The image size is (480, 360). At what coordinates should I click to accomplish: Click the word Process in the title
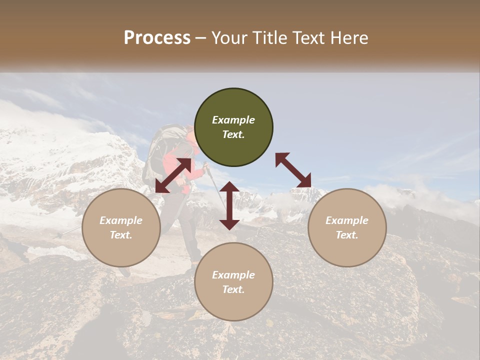[157, 38]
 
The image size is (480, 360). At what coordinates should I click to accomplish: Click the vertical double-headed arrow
[229, 205]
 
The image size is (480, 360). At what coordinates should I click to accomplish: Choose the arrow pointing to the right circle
[293, 170]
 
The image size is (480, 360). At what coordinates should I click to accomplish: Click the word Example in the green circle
[233, 120]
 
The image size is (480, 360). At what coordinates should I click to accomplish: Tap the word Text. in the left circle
[121, 235]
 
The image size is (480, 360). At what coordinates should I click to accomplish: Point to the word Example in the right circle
[347, 220]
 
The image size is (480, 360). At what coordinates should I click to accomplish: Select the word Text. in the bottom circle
[233, 289]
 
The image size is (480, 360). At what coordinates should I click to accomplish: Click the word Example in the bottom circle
[233, 275]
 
